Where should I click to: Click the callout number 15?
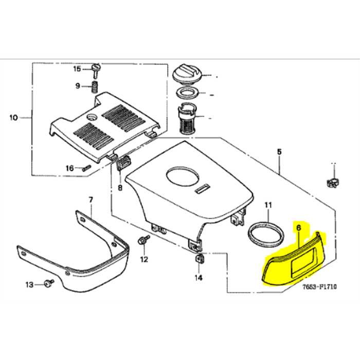tap(77, 68)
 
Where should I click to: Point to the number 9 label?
tap(78, 85)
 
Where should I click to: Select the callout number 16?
tap(69, 168)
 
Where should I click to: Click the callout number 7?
tap(91, 199)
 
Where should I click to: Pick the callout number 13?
tap(29, 284)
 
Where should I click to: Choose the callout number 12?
tap(144, 258)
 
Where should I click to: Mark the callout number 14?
tap(199, 278)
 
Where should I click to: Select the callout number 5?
tap(279, 152)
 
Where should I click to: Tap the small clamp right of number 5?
tap(332, 181)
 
